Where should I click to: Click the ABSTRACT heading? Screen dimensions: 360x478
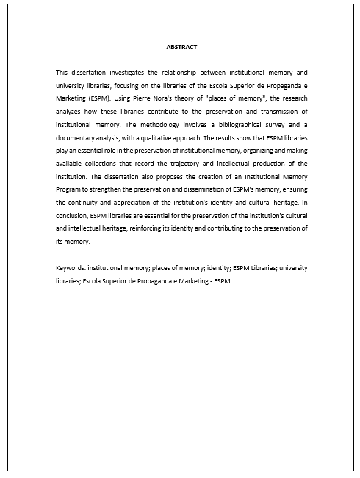coord(181,47)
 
